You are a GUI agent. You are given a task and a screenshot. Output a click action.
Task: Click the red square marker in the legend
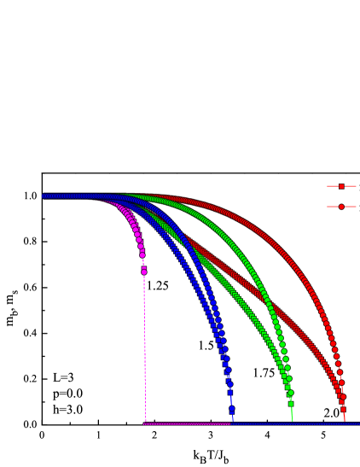point(341,186)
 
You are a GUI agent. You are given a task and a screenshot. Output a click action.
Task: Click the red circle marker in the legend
point(341,207)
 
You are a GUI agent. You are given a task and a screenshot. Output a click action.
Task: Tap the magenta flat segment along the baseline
point(188,423)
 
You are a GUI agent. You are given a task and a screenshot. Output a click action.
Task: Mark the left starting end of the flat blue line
point(233,423)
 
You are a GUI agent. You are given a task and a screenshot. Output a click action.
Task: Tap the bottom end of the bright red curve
point(345,419)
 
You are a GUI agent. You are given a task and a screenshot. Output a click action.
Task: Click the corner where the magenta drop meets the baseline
point(145,423)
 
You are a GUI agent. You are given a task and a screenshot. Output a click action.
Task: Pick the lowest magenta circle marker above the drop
point(143,271)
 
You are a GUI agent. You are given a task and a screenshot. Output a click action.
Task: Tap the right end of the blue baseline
point(357,423)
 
